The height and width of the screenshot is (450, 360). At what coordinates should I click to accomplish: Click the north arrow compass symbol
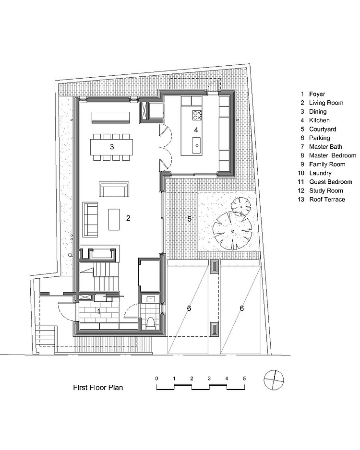pyautogui.click(x=274, y=380)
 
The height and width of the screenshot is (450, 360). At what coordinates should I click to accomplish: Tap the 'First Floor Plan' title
pyautogui.click(x=98, y=388)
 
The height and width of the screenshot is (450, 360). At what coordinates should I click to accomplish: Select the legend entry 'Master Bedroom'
pyautogui.click(x=333, y=155)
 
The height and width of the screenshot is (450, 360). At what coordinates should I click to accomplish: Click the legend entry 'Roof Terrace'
pyautogui.click(x=327, y=199)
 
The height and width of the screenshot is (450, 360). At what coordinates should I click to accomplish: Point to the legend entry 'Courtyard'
pyautogui.click(x=323, y=129)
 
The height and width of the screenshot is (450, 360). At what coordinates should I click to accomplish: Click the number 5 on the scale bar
pyautogui.click(x=244, y=379)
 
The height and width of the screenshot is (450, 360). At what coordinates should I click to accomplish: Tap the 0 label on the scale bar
pyautogui.click(x=156, y=379)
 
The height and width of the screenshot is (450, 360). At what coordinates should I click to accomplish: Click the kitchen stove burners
pyautogui.click(x=197, y=115)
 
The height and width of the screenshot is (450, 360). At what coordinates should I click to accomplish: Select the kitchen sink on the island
pyautogui.click(x=197, y=145)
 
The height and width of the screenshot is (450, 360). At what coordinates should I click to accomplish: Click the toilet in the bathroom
pyautogui.click(x=151, y=323)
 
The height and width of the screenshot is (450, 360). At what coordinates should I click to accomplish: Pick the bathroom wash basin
pyautogui.click(x=151, y=299)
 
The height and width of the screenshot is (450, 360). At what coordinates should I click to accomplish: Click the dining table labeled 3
pyautogui.click(x=112, y=147)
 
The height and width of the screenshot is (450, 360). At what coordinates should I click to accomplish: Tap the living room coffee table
pyautogui.click(x=114, y=219)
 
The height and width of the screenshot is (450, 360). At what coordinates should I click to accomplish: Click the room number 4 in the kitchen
pyautogui.click(x=196, y=130)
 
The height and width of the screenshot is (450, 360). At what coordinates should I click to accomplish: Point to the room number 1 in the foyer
pyautogui.click(x=99, y=311)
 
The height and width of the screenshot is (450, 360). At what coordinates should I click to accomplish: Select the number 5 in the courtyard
pyautogui.click(x=189, y=219)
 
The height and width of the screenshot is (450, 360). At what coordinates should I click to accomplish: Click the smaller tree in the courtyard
pyautogui.click(x=240, y=206)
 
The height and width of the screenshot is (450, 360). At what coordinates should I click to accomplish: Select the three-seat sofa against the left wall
pyautogui.click(x=90, y=220)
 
